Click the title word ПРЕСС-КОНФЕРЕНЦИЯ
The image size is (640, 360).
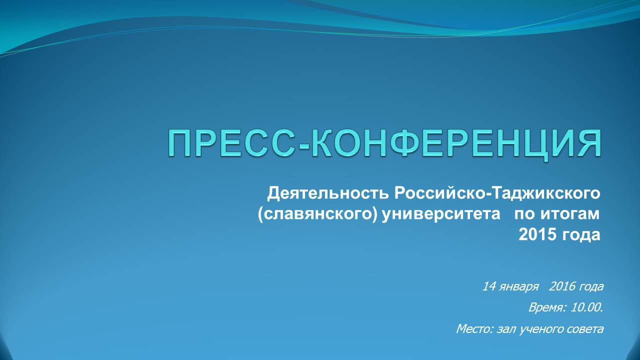point(384,143)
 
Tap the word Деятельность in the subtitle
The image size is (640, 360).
point(328,193)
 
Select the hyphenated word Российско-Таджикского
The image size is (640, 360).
point(497,193)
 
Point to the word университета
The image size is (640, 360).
point(441,214)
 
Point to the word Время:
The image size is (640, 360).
point(547,308)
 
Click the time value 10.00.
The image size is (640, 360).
point(587,307)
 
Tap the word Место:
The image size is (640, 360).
point(475,329)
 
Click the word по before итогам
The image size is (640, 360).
point(524,214)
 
